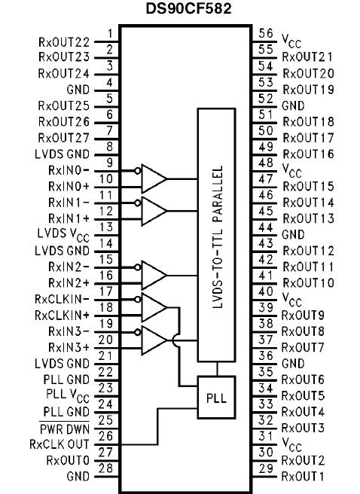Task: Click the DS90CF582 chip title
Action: point(180,10)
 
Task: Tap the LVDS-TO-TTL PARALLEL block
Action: point(216,234)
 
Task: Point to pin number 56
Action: point(265,32)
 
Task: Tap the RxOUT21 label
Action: point(308,56)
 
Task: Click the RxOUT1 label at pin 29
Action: point(304,477)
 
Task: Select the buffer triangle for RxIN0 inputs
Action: point(154,178)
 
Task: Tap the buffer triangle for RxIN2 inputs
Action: point(154,276)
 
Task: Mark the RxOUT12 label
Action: point(308,250)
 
